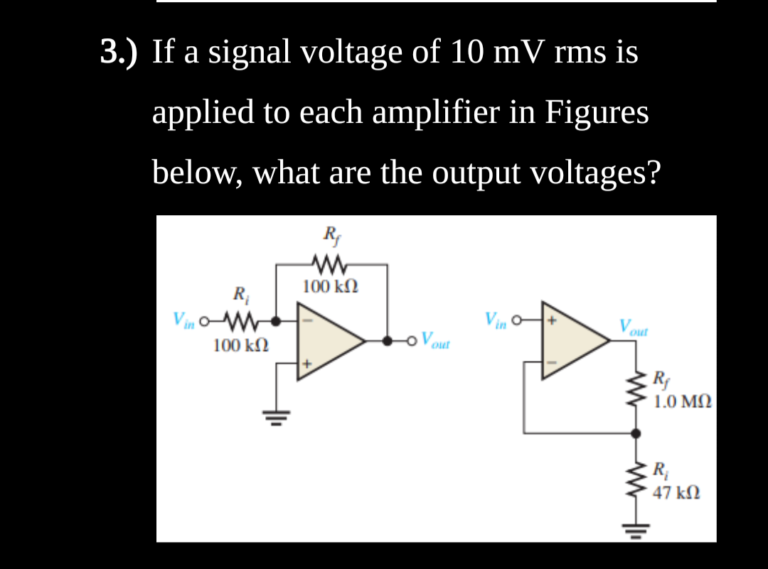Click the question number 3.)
pyautogui.click(x=119, y=53)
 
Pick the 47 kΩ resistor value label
pyautogui.click(x=677, y=492)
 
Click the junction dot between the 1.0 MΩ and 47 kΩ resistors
pyautogui.click(x=634, y=432)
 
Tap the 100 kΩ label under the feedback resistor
pyautogui.click(x=331, y=287)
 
